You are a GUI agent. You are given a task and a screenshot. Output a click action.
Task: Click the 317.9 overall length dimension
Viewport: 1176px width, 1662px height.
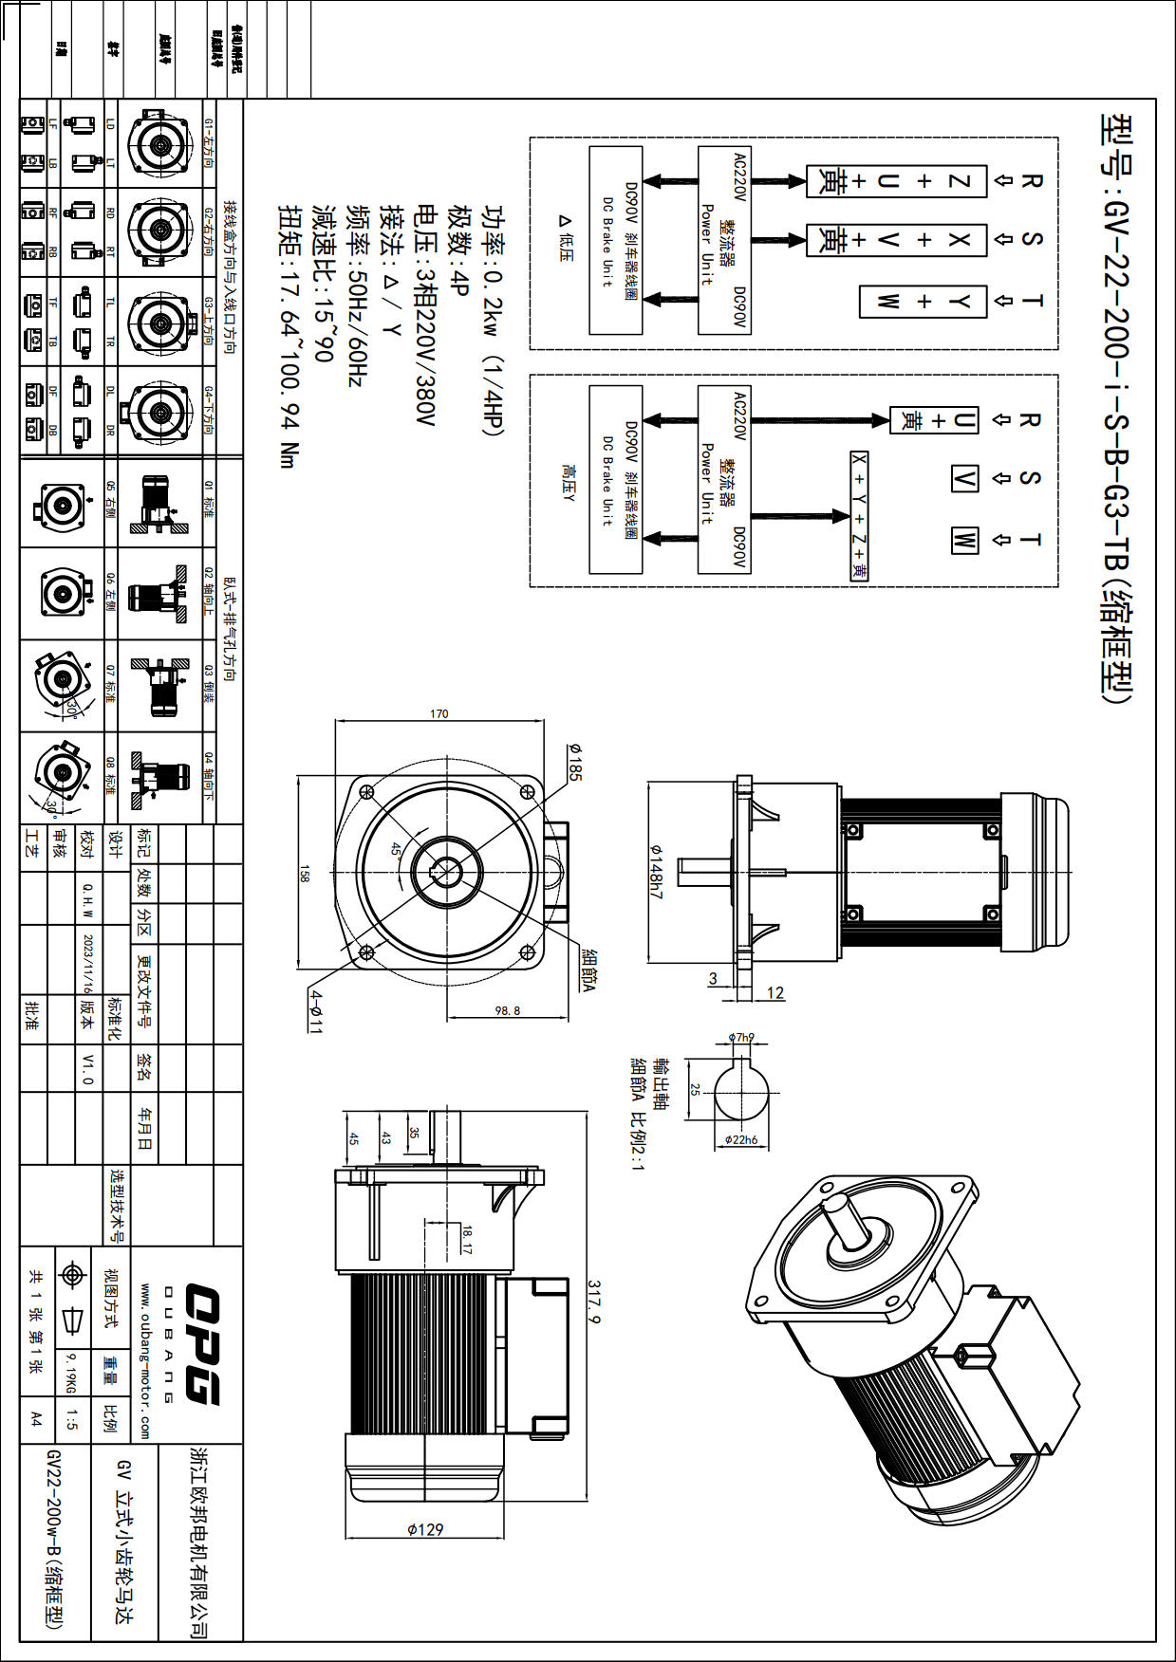[595, 1301]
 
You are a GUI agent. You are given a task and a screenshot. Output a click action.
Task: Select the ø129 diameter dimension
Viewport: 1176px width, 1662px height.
[425, 1529]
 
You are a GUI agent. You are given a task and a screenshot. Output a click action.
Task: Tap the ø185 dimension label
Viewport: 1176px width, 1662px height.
[575, 762]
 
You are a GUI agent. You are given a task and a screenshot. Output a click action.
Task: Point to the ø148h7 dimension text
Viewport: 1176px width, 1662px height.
[656, 872]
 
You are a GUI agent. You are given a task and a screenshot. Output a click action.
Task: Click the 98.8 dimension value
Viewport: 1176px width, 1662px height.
[508, 1010]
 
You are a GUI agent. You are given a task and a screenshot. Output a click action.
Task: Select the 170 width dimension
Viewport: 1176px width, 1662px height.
[439, 713]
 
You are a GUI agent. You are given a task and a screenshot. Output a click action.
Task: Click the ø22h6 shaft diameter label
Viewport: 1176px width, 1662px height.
[741, 1139]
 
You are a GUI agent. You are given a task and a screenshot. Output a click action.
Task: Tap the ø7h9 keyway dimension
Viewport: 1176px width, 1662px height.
[741, 1037]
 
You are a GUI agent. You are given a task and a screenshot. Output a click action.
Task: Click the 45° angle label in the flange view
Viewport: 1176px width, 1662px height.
[396, 850]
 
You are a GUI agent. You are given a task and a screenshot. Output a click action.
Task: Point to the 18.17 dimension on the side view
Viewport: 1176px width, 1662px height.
[467, 1239]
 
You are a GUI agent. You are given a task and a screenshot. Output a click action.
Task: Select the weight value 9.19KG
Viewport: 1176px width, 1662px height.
[70, 1373]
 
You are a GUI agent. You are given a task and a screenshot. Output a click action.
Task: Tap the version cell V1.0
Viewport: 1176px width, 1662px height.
[88, 1068]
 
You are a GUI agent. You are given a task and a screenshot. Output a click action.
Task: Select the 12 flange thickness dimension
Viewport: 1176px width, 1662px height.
[775, 992]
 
